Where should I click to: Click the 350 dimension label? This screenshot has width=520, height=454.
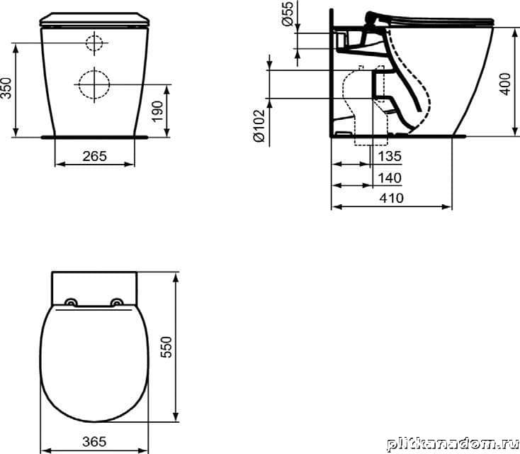pyautogui.click(x=6, y=88)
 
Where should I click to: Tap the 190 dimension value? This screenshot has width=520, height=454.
pyautogui.click(x=158, y=111)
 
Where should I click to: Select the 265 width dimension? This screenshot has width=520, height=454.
pyautogui.click(x=95, y=156)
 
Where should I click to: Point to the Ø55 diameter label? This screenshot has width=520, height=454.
pyautogui.click(x=288, y=13)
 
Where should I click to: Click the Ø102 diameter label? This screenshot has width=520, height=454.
pyautogui.click(x=260, y=126)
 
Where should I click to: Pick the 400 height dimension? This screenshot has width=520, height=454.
pyautogui.click(x=504, y=84)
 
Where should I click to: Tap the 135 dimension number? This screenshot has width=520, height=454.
pyautogui.click(x=390, y=156)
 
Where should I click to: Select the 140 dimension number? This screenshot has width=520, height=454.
pyautogui.click(x=390, y=178)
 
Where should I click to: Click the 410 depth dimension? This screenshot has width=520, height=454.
pyautogui.click(x=392, y=199)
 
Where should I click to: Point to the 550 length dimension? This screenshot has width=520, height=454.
pyautogui.click(x=166, y=347)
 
